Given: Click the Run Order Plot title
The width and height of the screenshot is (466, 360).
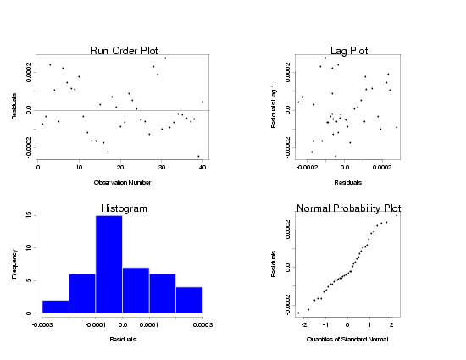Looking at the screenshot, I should click(124, 51).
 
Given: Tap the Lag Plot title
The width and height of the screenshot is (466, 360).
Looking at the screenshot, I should click(348, 51).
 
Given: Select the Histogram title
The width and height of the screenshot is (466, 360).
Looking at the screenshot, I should click(124, 208).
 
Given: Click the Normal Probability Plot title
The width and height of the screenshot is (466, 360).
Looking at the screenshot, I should click(348, 208).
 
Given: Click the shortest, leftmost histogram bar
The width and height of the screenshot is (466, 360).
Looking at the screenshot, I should click(55, 307).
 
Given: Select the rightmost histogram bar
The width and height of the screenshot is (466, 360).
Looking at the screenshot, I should click(190, 300).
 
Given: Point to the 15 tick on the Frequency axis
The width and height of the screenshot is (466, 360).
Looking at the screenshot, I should click(31, 216).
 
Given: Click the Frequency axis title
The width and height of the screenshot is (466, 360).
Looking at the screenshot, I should click(14, 264).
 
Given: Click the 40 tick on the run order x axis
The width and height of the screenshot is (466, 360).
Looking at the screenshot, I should click(202, 168).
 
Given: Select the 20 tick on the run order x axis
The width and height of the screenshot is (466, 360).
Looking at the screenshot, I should click(120, 168).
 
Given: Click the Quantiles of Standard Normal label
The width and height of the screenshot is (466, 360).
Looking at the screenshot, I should click(348, 340).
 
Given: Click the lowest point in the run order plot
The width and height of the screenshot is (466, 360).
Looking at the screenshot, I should click(198, 156).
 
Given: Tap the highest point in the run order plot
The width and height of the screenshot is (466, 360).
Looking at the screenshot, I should click(165, 58).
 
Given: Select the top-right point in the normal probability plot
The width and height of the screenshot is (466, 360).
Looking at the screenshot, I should click(397, 215).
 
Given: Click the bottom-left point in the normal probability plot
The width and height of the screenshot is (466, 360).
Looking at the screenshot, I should click(298, 313).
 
